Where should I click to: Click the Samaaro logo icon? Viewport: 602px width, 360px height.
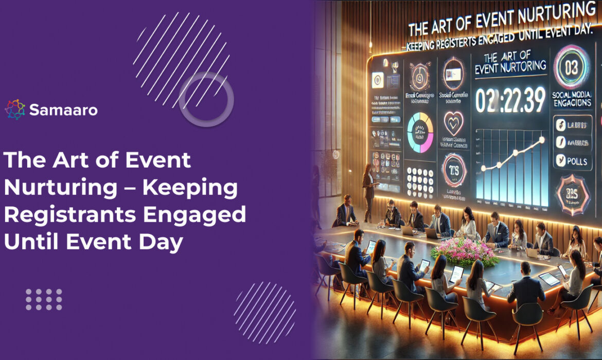click(15, 110)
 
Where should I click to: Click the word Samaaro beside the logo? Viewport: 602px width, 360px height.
click(63, 110)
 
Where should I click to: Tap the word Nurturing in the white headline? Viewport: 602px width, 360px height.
click(60, 189)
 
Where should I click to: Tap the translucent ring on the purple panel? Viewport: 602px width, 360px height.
click(206, 100)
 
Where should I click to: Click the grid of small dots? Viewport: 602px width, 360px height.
click(44, 299)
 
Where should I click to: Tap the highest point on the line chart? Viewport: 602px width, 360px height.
click(541, 139)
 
